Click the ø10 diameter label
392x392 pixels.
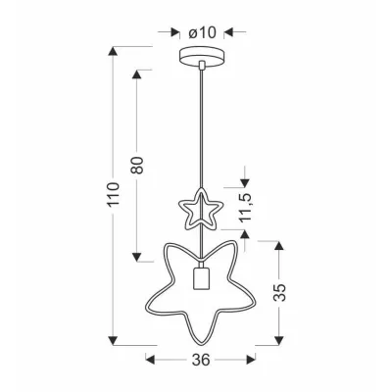tap(202, 32)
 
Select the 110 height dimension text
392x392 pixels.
tap(114, 194)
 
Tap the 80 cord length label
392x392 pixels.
tap(138, 166)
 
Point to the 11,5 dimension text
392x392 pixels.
tap(246, 207)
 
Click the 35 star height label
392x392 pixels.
tap(279, 292)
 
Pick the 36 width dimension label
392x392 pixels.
tap(200, 360)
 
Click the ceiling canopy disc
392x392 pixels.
tap(202, 57)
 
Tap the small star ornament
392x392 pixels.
tap(200, 210)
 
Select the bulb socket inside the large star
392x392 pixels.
tap(199, 278)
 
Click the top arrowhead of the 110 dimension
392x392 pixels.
tap(113, 52)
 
